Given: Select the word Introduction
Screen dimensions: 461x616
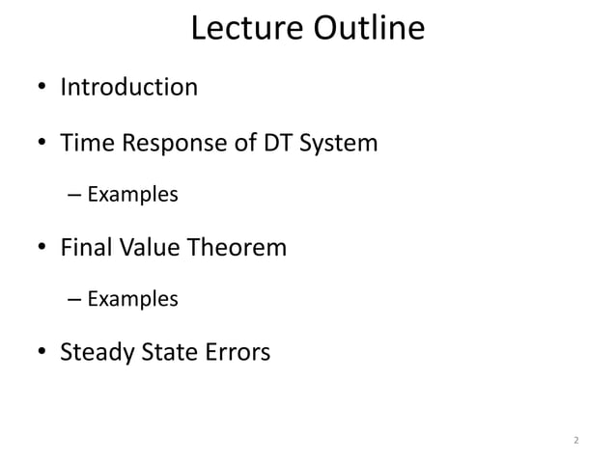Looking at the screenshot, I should [x=129, y=88].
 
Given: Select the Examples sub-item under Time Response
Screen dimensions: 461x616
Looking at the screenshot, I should [x=132, y=195].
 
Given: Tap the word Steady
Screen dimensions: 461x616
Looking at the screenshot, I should [x=96, y=353].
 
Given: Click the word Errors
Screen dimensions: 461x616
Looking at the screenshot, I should [x=238, y=353].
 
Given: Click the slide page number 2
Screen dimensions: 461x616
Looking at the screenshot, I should [x=575, y=441].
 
